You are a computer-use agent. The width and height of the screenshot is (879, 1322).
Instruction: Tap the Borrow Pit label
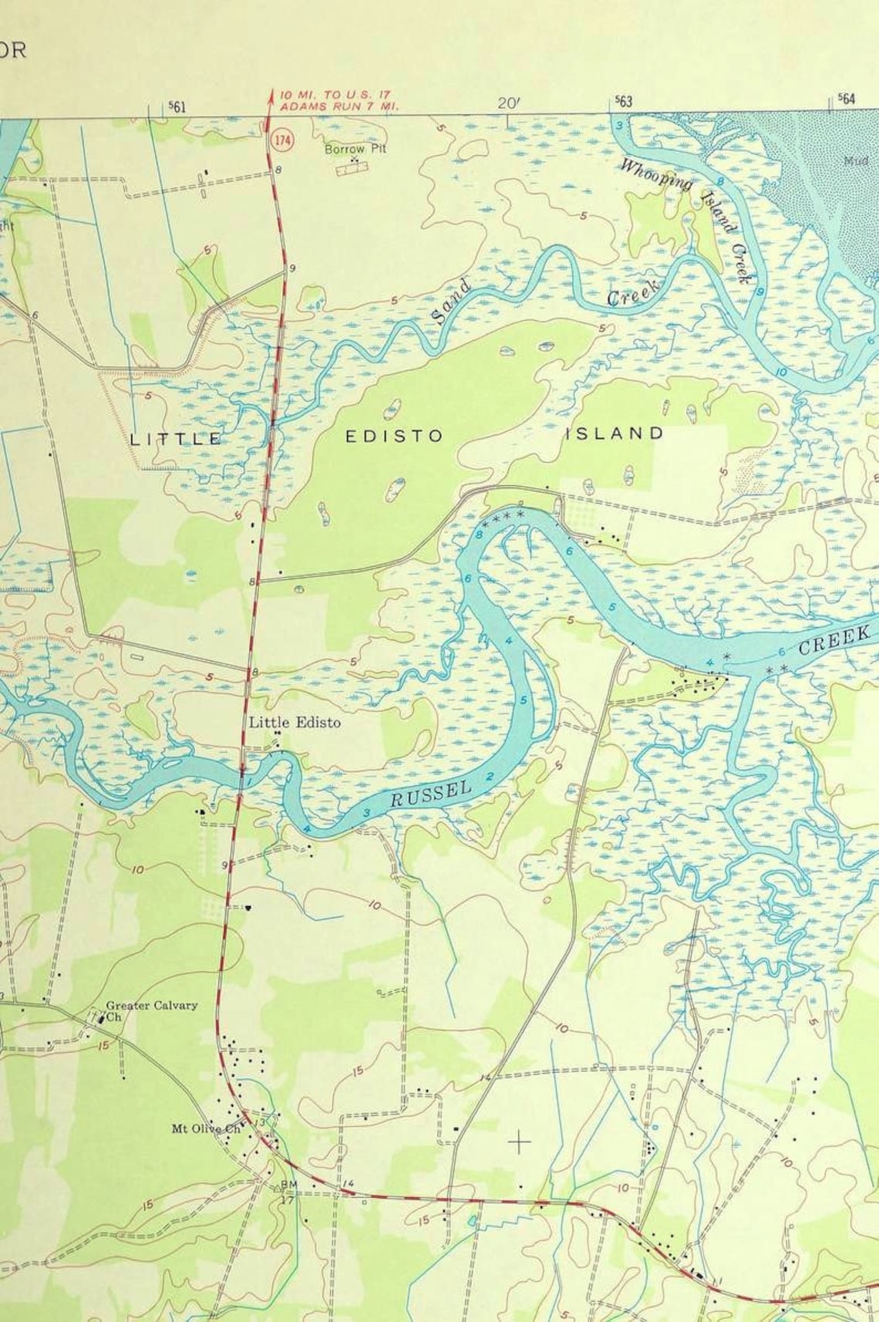tap(355, 149)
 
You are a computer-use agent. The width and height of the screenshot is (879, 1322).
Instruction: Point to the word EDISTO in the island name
tap(394, 437)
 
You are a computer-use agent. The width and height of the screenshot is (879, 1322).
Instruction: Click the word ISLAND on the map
tap(615, 433)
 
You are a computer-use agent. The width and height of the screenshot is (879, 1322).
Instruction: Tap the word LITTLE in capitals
tap(177, 440)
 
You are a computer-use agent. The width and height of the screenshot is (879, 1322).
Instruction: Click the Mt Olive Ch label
tap(206, 1128)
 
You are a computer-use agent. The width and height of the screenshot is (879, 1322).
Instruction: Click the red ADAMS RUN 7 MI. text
tap(339, 106)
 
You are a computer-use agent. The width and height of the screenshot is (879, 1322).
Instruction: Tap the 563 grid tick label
tap(623, 102)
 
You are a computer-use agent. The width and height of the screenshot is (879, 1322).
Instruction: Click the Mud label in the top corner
tap(856, 161)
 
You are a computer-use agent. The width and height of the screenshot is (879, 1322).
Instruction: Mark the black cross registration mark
tap(520, 1141)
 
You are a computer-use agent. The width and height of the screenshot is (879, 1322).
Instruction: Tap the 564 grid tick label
tap(847, 99)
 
